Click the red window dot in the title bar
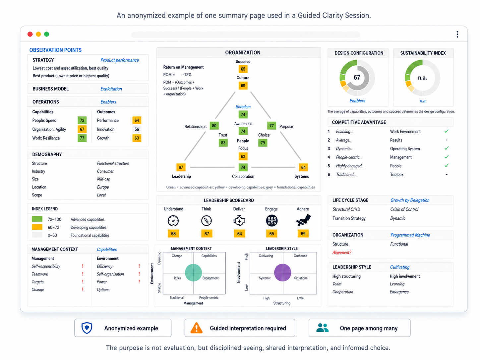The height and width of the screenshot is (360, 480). pyautogui.click(x=30, y=34)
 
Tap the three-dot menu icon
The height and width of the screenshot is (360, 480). pyautogui.click(x=457, y=34)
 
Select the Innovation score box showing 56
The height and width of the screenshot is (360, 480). pyautogui.click(x=137, y=129)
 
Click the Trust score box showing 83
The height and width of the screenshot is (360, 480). pyautogui.click(x=223, y=143)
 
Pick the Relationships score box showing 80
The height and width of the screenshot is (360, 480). pyautogui.click(x=214, y=126)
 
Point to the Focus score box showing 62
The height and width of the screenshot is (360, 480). pyautogui.click(x=243, y=156)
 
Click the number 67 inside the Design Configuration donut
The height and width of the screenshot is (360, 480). pyautogui.click(x=357, y=77)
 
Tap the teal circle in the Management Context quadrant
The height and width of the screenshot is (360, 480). pyautogui.click(x=193, y=272)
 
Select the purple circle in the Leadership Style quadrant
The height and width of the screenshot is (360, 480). pyautogui.click(x=283, y=272)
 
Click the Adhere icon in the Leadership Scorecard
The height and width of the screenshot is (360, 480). pyautogui.click(x=303, y=220)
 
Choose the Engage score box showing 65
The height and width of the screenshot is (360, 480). pyautogui.click(x=271, y=234)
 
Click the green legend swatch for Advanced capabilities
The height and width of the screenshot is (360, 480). pyautogui.click(x=37, y=219)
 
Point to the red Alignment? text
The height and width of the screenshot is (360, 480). pyautogui.click(x=341, y=253)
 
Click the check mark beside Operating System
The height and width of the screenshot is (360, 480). pyautogui.click(x=446, y=148)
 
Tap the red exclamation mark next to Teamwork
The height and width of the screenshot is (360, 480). pyautogui.click(x=83, y=274)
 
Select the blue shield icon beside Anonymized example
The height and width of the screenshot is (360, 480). pyautogui.click(x=87, y=328)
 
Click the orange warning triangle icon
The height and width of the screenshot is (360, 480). pyautogui.click(x=196, y=328)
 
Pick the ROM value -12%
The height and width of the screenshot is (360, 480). pyautogui.click(x=187, y=75)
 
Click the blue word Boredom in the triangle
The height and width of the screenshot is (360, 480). pyautogui.click(x=243, y=107)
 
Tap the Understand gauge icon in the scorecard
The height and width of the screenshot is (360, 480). pyautogui.click(x=173, y=220)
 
